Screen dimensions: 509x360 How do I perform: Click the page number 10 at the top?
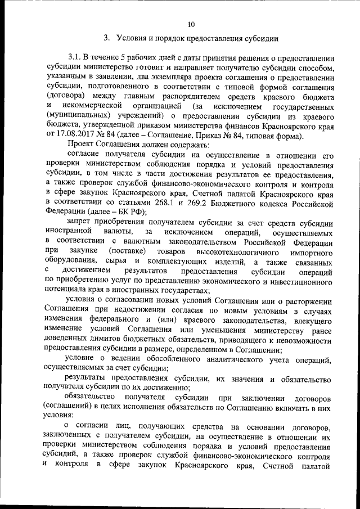pos(191,24)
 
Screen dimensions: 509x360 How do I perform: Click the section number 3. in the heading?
pos(106,38)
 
